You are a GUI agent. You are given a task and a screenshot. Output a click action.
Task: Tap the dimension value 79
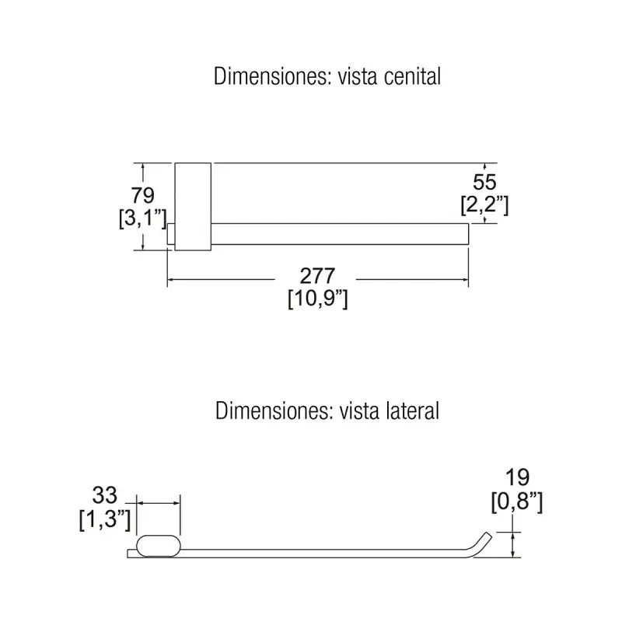143,195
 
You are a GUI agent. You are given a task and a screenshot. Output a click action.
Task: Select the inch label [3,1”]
143,218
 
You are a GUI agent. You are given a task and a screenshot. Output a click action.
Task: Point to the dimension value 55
484,182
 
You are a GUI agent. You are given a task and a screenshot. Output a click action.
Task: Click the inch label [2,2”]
484,204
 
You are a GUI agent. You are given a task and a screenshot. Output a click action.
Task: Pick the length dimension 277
317,276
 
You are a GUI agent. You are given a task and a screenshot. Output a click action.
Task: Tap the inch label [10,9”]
318,299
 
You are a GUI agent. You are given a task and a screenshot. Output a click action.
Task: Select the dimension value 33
105,495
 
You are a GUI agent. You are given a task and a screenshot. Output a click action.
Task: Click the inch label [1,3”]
105,519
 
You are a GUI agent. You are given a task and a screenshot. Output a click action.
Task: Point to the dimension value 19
517,477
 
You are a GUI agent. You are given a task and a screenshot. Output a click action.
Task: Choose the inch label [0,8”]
516,501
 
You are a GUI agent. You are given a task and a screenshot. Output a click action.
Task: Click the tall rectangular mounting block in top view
193,207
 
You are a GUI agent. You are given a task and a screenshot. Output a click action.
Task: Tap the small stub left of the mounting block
171,234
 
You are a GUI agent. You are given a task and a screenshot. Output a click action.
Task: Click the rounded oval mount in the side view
159,546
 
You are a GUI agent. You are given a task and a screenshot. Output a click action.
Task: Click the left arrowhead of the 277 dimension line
170,280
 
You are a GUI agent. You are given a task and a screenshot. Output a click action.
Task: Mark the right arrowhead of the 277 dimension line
465,280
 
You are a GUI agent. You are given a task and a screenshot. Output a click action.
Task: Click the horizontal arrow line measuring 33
159,503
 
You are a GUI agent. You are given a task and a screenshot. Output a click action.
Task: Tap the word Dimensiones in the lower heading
274,411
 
